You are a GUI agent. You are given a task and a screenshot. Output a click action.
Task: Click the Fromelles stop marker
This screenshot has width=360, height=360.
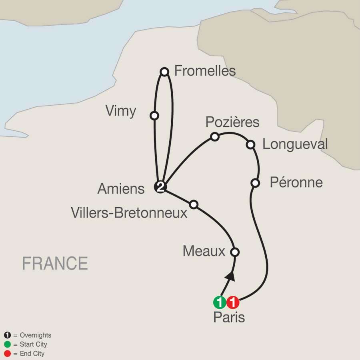(x=164, y=72)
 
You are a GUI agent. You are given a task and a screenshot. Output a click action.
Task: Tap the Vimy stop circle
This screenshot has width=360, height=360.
(x=154, y=116)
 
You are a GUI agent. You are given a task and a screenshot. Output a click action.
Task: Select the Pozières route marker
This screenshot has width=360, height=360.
(x=215, y=137)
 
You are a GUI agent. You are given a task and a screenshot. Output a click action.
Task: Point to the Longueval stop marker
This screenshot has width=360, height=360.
(x=250, y=144)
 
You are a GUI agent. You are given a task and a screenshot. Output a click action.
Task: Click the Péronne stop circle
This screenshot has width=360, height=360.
(x=255, y=183)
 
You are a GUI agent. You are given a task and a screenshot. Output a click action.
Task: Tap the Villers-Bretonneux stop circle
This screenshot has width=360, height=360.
(x=194, y=204)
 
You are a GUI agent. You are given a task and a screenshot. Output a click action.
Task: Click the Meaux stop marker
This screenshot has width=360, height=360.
(x=235, y=252)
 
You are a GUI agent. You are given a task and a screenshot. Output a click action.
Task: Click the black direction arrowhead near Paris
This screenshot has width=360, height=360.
(x=230, y=276)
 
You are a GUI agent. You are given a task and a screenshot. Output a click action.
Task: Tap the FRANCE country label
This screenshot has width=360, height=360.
(x=55, y=264)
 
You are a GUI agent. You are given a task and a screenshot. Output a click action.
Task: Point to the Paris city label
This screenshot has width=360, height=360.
(x=229, y=318)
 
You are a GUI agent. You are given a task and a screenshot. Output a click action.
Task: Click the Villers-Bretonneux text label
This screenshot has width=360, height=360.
(x=129, y=213)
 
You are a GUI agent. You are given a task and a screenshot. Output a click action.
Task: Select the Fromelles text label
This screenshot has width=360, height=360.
(x=205, y=71)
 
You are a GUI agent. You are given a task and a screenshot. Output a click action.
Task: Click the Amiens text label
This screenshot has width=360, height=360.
(x=121, y=189)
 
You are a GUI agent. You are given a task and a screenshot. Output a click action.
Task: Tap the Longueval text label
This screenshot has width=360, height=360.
(x=295, y=144)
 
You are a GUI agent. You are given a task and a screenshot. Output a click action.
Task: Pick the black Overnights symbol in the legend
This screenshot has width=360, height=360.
(x=7, y=336)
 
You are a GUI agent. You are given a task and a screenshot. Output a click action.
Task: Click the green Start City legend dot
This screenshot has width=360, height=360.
(x=7, y=344)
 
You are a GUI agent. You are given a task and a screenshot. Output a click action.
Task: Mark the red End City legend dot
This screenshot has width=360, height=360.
(x=7, y=354)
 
